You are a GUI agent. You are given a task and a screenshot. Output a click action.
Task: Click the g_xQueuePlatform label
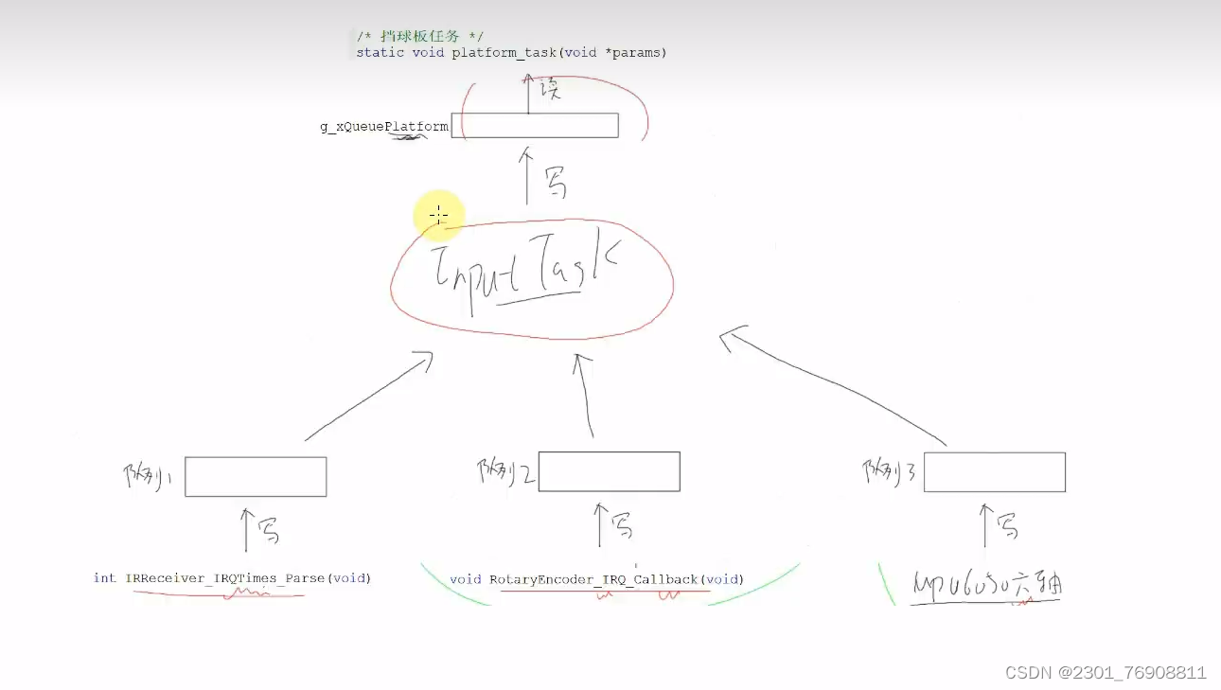tap(384, 126)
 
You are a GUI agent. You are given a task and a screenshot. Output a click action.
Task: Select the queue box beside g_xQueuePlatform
tap(535, 126)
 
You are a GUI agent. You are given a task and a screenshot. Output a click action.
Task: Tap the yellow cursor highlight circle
tap(438, 216)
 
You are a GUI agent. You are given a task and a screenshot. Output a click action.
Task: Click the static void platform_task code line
tap(511, 53)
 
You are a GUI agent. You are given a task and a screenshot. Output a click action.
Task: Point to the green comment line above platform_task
tap(420, 36)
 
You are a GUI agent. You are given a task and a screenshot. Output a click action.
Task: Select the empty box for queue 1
tap(256, 477)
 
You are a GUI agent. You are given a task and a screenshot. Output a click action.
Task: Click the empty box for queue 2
tap(609, 471)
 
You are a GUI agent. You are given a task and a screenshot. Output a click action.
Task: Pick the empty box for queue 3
tap(994, 472)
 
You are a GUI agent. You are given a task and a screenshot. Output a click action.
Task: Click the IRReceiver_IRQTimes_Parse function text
tap(232, 578)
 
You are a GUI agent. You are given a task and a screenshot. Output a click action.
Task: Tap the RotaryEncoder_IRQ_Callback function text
tap(596, 579)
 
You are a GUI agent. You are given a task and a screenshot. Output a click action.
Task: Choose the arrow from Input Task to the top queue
tap(527, 175)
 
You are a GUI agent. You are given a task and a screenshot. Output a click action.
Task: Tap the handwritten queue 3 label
tap(890, 471)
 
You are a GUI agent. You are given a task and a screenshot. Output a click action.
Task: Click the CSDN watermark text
tap(1105, 673)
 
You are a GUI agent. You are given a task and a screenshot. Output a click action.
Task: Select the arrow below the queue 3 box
tap(985, 525)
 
